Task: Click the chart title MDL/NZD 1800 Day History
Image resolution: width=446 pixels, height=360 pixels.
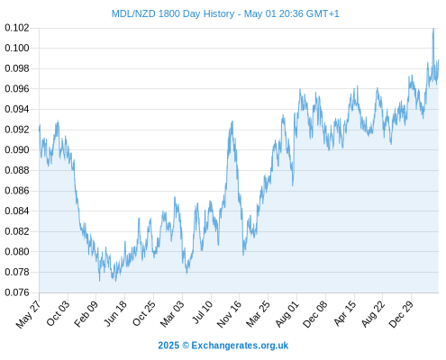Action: point(173,13)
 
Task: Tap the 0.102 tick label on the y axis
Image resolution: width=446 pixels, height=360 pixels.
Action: point(17,28)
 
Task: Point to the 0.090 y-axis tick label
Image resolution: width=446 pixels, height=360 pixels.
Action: point(17,149)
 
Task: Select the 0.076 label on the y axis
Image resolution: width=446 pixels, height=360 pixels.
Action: point(17,292)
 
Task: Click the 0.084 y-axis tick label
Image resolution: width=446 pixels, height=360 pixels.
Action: point(17,211)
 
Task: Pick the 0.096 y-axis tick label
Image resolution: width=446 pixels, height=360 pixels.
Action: point(17,89)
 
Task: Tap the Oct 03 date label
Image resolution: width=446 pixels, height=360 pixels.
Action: point(58,313)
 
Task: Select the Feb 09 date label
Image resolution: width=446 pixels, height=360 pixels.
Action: point(86,313)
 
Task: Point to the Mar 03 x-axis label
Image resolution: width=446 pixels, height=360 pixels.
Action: point(171,313)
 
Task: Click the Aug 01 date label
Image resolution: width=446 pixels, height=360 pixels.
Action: point(287,313)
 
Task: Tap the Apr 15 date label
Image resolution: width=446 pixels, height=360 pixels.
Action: point(344,313)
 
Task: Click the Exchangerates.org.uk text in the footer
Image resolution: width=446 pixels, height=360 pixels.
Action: point(240,346)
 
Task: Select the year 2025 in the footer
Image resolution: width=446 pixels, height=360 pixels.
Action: point(168,346)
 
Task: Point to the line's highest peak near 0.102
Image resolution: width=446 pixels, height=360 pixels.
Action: point(433,29)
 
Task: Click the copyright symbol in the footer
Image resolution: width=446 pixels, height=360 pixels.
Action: point(186,346)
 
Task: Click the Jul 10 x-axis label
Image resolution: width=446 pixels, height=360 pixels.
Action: point(202,312)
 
